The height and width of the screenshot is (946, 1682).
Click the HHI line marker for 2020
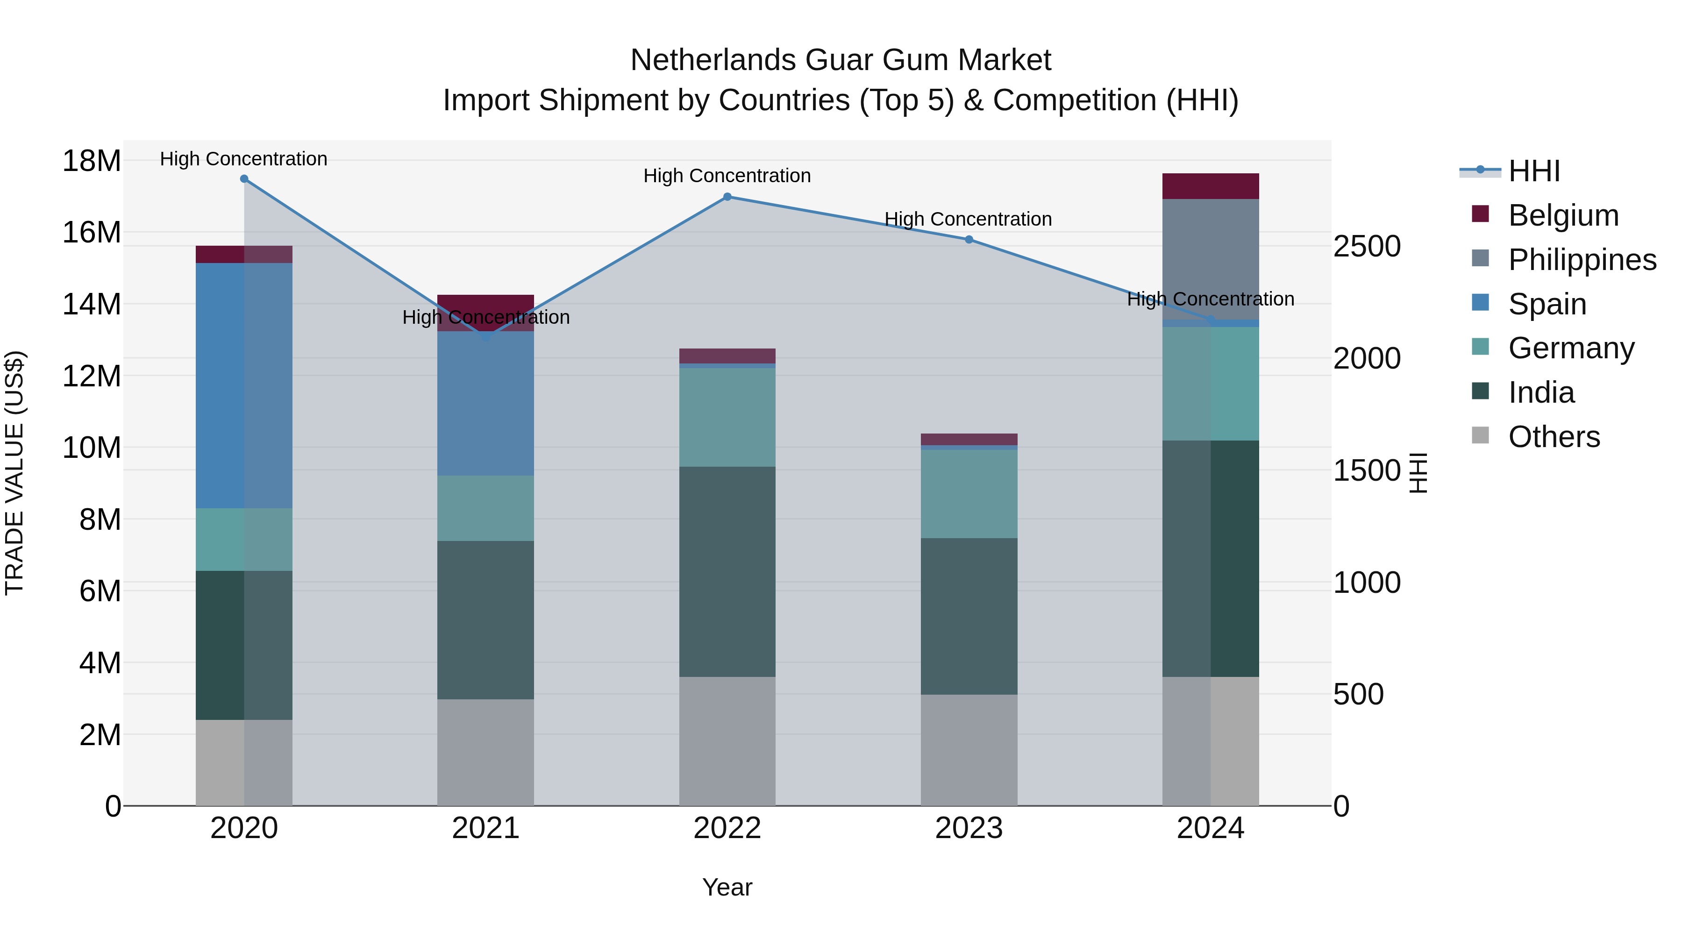click(244, 179)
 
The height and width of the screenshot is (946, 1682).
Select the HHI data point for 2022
click(727, 197)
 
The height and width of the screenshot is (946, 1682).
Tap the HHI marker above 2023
click(969, 240)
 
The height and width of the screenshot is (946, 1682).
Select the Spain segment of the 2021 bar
click(486, 404)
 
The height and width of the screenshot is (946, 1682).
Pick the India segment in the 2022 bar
click(727, 571)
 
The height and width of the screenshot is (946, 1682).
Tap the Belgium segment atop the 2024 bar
click(1211, 186)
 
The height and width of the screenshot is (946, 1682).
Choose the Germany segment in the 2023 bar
click(969, 494)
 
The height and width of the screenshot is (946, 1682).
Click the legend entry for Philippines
click(1582, 259)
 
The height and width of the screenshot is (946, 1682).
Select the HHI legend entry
click(1534, 171)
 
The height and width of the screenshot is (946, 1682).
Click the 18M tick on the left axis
click(92, 161)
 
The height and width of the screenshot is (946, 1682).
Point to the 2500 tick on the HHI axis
click(1367, 247)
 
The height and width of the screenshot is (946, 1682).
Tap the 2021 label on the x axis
click(486, 828)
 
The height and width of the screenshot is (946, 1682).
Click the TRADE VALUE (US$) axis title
click(14, 473)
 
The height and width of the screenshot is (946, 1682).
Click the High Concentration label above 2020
click(243, 159)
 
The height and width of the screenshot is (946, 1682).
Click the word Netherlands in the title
click(713, 60)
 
